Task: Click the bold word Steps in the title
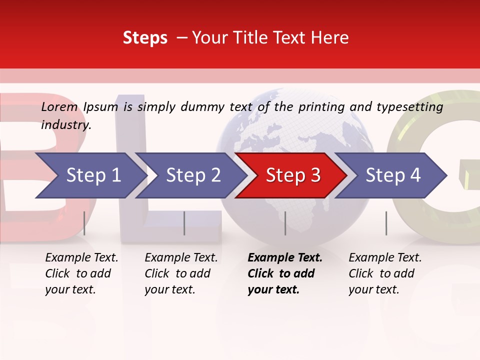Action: point(145,38)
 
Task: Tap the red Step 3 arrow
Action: point(293,175)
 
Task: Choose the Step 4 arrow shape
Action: point(393,175)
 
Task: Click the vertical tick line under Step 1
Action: point(84,223)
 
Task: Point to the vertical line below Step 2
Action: point(184,223)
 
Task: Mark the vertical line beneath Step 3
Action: point(285,223)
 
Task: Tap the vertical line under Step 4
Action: point(386,223)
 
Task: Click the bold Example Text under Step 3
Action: point(285,258)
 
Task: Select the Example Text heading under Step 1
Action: point(81,258)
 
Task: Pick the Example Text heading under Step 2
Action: point(181,258)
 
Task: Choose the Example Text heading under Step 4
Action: point(385,258)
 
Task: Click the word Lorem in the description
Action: point(59,107)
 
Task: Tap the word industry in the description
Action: point(66,125)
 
